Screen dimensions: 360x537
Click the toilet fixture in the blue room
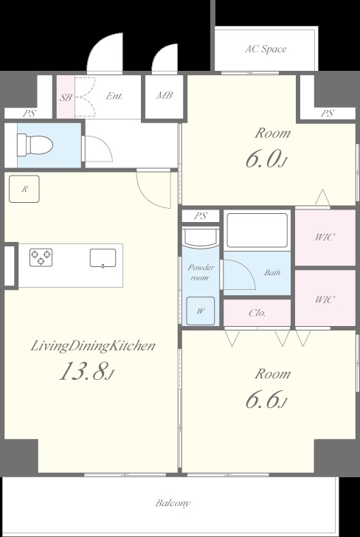tap(35, 145)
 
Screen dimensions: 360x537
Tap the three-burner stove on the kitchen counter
tap(41, 257)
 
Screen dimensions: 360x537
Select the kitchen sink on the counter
tap(103, 258)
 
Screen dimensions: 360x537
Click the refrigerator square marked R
tap(24, 189)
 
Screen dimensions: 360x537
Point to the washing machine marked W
tap(201, 311)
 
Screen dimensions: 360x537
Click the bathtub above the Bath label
tap(257, 230)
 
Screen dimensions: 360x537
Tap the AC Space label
tap(266, 49)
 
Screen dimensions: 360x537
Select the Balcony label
tap(173, 503)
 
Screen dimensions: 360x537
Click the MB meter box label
tap(165, 95)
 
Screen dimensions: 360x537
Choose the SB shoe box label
tap(66, 97)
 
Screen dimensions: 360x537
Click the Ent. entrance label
tap(114, 96)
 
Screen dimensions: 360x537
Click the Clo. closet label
tap(257, 313)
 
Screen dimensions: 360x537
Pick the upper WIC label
tap(325, 237)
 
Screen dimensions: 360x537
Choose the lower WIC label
tap(325, 299)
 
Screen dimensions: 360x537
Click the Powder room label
tap(201, 272)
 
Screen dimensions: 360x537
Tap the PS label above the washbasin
tap(201, 215)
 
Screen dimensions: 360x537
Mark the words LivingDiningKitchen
tap(93, 346)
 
